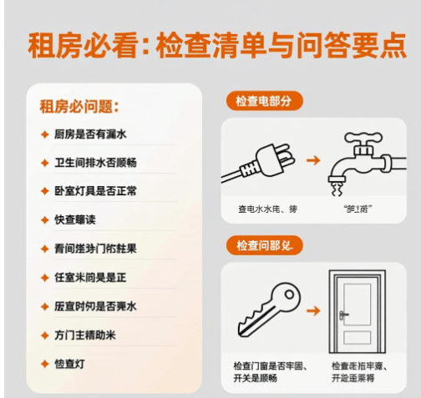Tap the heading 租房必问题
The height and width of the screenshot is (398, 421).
click(79, 107)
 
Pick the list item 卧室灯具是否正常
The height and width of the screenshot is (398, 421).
click(95, 191)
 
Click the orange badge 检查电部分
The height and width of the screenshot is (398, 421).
click(264, 101)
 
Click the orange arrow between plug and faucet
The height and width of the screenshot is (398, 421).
click(312, 159)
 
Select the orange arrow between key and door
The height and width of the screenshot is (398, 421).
click(312, 310)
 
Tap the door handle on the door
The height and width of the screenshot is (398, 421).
click(342, 315)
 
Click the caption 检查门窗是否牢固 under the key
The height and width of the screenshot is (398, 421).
click(269, 366)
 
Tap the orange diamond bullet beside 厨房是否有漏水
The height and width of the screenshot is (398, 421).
click(44, 134)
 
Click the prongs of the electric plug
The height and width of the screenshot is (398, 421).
click(286, 153)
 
